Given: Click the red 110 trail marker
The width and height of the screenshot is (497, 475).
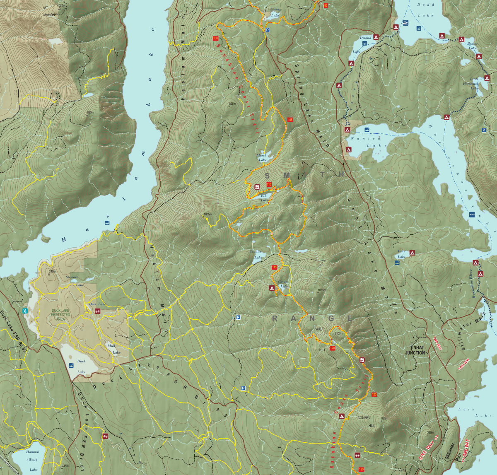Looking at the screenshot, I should click(x=269, y=184).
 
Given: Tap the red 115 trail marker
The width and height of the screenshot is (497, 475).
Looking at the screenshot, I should click(x=274, y=268).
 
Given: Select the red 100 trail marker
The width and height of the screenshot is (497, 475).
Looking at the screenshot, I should click(x=215, y=39).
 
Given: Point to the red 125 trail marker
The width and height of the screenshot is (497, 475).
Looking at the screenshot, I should click(x=374, y=394).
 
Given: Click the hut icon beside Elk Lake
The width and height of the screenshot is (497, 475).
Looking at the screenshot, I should click(x=257, y=186).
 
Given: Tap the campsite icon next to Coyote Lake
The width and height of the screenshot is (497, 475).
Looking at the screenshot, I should click(x=272, y=287).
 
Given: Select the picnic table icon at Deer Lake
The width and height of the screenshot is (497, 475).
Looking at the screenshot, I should click(x=98, y=311).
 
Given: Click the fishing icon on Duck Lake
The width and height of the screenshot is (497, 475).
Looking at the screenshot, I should click(x=71, y=365).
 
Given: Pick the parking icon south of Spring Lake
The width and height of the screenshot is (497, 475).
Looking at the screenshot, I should click(x=268, y=30).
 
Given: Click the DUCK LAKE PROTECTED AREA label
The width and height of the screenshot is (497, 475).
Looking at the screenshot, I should click(x=60, y=315).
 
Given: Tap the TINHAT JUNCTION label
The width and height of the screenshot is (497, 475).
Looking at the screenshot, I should click(x=415, y=350).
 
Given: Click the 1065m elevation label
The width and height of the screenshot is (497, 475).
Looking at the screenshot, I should click(x=322, y=290).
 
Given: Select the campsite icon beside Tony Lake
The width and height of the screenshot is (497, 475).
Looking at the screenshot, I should click(x=412, y=253).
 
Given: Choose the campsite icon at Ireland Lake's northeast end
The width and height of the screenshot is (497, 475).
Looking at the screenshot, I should click(x=376, y=37).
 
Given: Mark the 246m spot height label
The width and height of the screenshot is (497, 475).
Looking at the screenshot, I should click(x=52, y=272).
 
